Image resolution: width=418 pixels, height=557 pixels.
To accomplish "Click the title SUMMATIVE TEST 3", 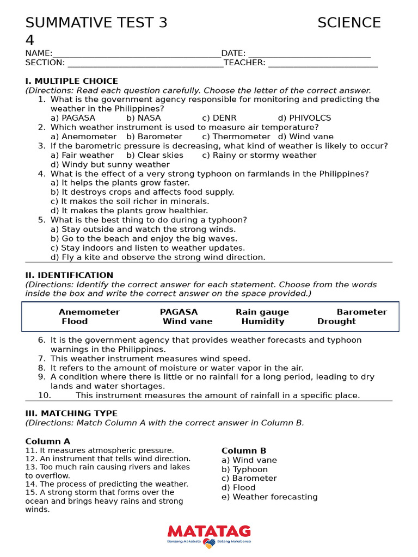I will click(x=96, y=23).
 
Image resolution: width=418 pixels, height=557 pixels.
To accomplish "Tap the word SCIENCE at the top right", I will click(x=349, y=23).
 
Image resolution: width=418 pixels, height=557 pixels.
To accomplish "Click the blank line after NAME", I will click(x=137, y=54).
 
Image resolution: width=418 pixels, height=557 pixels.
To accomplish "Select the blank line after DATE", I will click(x=309, y=54).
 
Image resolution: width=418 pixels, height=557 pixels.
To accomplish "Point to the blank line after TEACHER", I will click(x=323, y=63).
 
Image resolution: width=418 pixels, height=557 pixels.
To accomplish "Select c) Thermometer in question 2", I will click(x=236, y=137).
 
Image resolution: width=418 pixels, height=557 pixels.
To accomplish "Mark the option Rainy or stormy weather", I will click(x=259, y=155).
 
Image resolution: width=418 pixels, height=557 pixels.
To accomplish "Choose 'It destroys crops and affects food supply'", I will click(x=142, y=192).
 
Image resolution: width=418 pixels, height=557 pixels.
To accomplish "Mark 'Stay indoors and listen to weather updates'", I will click(x=147, y=247).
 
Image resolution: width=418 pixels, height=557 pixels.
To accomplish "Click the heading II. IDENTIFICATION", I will click(x=69, y=275).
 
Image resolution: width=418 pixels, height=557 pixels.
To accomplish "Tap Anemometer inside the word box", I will click(x=89, y=312).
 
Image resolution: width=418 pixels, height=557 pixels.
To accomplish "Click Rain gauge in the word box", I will click(x=262, y=312).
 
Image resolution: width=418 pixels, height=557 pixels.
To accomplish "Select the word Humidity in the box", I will click(x=263, y=321).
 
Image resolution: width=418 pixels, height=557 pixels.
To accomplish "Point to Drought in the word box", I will click(x=336, y=321).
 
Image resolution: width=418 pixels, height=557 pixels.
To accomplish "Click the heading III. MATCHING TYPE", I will click(x=71, y=413).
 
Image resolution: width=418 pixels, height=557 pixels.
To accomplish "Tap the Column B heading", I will click(x=244, y=450).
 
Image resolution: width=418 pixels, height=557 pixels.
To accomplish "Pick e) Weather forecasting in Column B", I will click(x=269, y=497).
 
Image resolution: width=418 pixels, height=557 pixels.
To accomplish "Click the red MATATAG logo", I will click(x=209, y=531).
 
